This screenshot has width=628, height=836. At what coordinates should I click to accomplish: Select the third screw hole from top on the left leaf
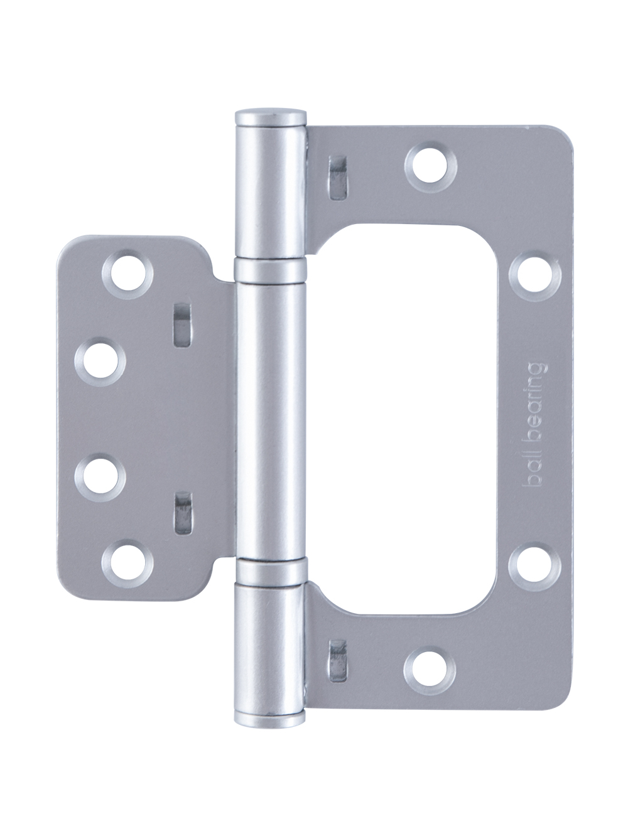point(100,477)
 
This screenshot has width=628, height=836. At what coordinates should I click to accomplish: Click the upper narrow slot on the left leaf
point(182,325)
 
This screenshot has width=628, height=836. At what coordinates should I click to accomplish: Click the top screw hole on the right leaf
point(431,167)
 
